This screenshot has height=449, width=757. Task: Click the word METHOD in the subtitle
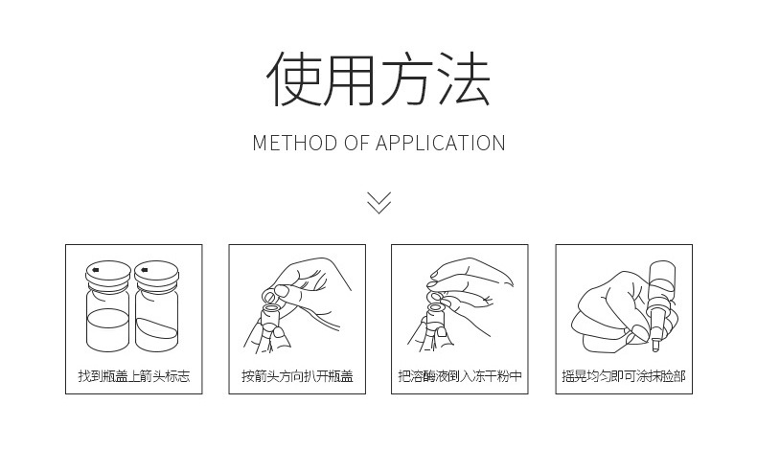pos(295,144)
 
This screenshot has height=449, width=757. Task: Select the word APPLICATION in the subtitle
pos(440,144)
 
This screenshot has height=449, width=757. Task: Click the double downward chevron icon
pos(378,202)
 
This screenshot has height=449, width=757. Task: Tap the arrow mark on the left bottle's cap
pos(94,269)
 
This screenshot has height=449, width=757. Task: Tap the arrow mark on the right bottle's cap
pos(143,269)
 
